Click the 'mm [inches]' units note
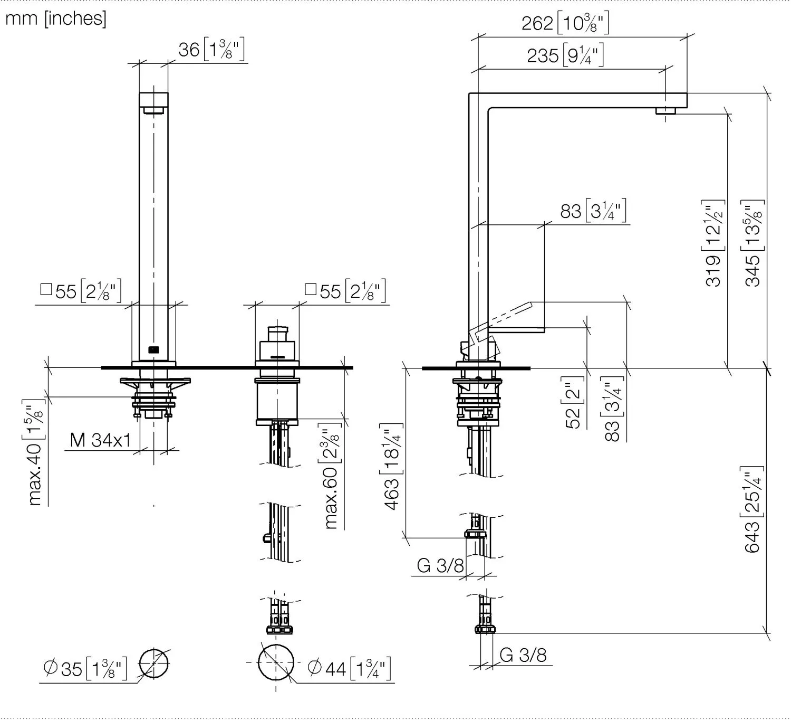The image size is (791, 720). coord(55,18)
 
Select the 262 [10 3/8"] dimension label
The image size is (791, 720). coord(565,22)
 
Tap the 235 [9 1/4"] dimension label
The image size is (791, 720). coord(565,55)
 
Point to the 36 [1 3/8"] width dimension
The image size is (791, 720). coord(212,50)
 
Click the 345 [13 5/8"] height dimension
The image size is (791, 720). coord(753,243)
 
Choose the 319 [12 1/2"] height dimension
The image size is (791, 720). coord(713,243)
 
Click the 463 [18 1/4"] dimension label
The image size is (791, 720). coord(392,467)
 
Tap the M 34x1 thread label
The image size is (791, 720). coord(100,440)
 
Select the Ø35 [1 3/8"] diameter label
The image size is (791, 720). coord(85,669)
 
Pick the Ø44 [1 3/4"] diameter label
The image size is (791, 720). coord(350,669)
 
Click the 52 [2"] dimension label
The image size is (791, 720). coord(573,402)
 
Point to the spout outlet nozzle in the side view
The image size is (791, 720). coord(665,111)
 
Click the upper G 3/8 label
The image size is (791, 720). coord(440,566)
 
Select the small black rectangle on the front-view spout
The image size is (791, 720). coord(154,350)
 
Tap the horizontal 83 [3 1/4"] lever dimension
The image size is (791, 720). coord(593,211)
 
